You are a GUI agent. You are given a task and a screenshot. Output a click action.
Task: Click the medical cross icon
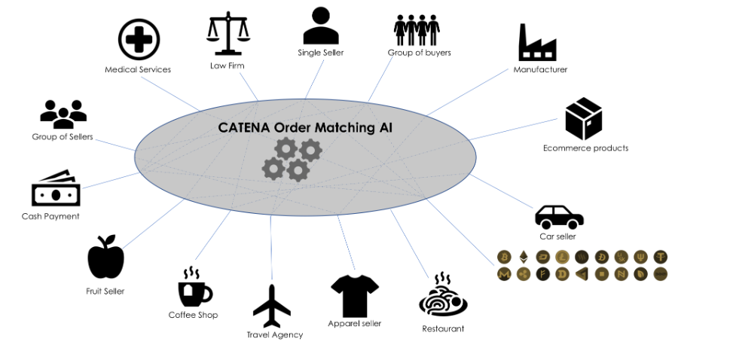pyautogui.click(x=139, y=39)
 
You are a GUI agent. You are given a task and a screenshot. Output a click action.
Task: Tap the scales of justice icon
pyautogui.click(x=228, y=33)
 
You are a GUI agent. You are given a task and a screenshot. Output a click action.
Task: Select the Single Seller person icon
pyautogui.click(x=321, y=26)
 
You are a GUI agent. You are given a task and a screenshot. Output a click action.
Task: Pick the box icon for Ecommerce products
pyautogui.click(x=584, y=119)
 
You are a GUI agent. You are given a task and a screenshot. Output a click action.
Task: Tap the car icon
pyautogui.click(x=559, y=217)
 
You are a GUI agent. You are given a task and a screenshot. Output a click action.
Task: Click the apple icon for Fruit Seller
pyautogui.click(x=105, y=258)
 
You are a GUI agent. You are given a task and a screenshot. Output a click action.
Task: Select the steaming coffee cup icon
pyautogui.click(x=194, y=287)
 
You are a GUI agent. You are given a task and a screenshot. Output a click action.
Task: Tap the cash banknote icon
pyautogui.click(x=56, y=190)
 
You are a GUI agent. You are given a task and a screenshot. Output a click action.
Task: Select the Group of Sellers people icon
pyautogui.click(x=63, y=114)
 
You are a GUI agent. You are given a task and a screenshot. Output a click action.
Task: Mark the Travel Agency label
pyautogui.click(x=275, y=334)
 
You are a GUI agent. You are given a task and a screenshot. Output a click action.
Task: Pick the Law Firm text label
pyautogui.click(x=227, y=66)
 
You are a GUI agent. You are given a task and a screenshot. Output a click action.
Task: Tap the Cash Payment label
pyautogui.click(x=50, y=216)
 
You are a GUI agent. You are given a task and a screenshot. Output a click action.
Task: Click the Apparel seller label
pyautogui.click(x=354, y=323)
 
